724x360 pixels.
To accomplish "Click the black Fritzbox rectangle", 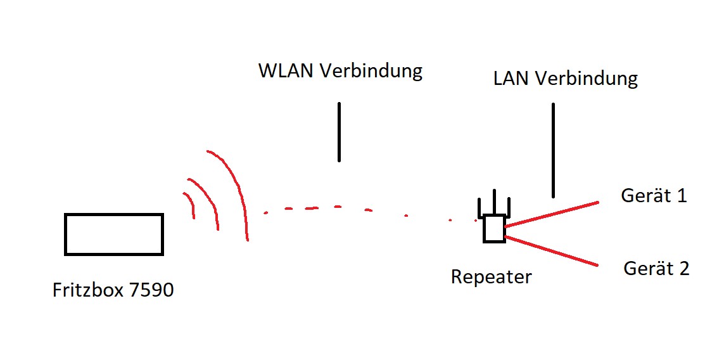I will (114, 235).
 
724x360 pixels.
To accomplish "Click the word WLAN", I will (286, 70).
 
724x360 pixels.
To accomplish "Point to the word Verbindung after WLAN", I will (371, 70).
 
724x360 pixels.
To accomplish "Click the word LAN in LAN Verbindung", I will (511, 79).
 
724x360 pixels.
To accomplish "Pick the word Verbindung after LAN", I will (586, 79).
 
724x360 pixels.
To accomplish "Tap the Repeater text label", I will (491, 277).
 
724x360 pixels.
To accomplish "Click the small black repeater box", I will (494, 229).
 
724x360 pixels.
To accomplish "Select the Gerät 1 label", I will (654, 196).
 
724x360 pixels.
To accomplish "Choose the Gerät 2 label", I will (656, 269).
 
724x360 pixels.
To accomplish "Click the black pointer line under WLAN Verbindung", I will (339, 132).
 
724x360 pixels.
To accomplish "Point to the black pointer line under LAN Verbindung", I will (553, 150).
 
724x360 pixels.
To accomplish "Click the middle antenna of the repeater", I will (494, 202).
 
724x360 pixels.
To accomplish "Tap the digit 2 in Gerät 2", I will (683, 269).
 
